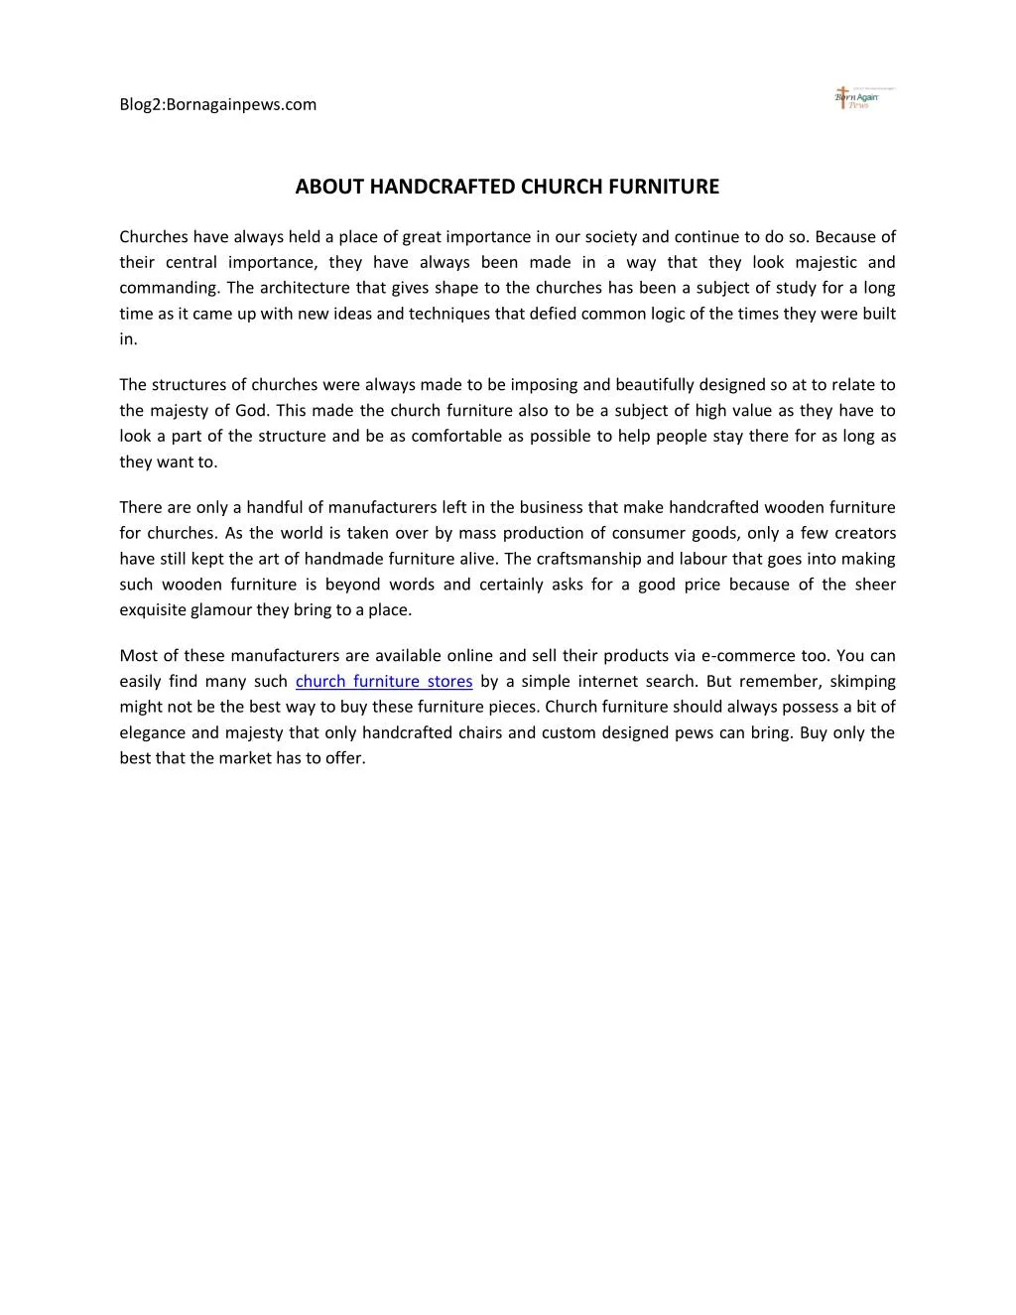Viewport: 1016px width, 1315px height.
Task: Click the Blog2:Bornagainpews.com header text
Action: [218, 104]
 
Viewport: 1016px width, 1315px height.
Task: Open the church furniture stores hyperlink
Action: [384, 682]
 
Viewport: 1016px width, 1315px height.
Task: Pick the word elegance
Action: [152, 733]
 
